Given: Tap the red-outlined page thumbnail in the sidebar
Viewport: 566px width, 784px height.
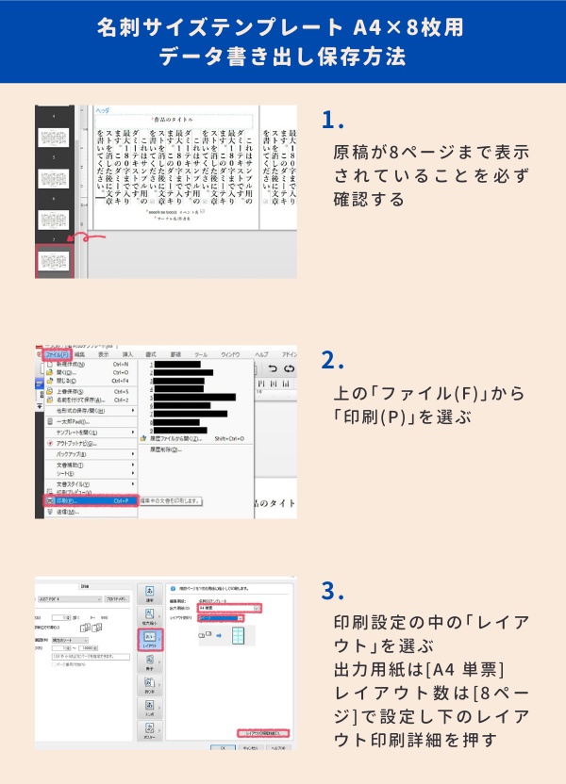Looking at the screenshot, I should tap(54, 261).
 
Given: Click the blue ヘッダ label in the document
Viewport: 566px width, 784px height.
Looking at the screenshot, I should tap(103, 110).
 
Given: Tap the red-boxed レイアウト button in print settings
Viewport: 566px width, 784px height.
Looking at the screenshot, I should tap(150, 641).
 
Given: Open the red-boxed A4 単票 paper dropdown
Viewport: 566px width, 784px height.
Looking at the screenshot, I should tap(228, 609).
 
